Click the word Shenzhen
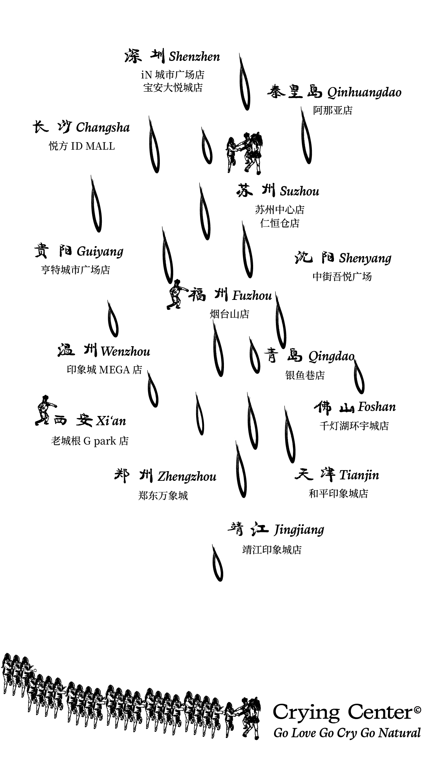pos(194,57)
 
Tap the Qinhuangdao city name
pos(364,93)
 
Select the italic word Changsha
pos(103,128)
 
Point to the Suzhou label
pos(299,191)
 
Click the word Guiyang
pos(100,252)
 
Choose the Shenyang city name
pos(365,258)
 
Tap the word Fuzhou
pos(252,296)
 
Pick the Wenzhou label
pos(125,352)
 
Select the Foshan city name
pos(377,407)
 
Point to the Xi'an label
pos(111,421)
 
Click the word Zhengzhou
pos(187,477)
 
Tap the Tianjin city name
pos(359,475)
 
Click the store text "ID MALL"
pos(93,146)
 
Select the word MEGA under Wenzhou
pos(114,370)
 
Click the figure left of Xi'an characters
pos(45,410)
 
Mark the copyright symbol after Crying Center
pos(418,711)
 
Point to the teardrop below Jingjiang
pos(217,564)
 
